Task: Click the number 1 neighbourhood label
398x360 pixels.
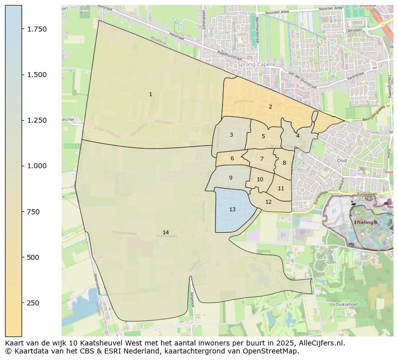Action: click(x=150, y=94)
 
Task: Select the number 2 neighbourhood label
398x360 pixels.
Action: click(x=270, y=107)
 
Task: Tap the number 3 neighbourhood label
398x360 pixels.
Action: click(x=231, y=135)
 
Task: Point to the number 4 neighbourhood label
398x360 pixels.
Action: click(x=298, y=136)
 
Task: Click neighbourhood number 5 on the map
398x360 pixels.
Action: click(x=263, y=136)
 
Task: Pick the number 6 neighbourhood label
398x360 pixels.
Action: click(x=232, y=159)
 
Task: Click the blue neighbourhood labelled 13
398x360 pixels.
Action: click(x=232, y=209)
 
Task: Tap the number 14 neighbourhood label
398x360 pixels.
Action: click(x=165, y=232)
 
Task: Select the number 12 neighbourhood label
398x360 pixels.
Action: click(x=269, y=202)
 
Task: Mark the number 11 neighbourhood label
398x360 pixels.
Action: click(x=281, y=188)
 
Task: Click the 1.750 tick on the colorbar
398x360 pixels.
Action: click(x=37, y=29)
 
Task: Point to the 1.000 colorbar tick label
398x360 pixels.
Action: click(x=37, y=166)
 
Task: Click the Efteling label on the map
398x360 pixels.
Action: click(x=363, y=222)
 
